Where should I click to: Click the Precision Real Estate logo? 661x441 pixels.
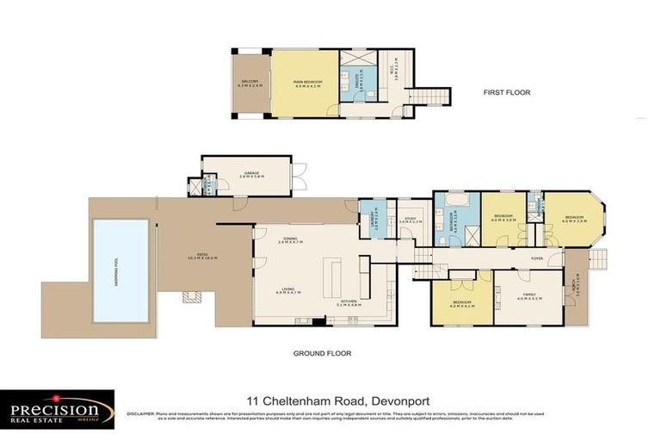click(57, 408)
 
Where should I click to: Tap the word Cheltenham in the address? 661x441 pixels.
click(306, 401)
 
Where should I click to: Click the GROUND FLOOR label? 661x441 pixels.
click(323, 353)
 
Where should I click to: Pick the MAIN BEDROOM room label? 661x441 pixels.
click(306, 83)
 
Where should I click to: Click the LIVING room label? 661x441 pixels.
click(287, 290)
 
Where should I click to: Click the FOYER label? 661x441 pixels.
click(536, 258)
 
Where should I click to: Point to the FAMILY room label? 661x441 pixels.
click(528, 297)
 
